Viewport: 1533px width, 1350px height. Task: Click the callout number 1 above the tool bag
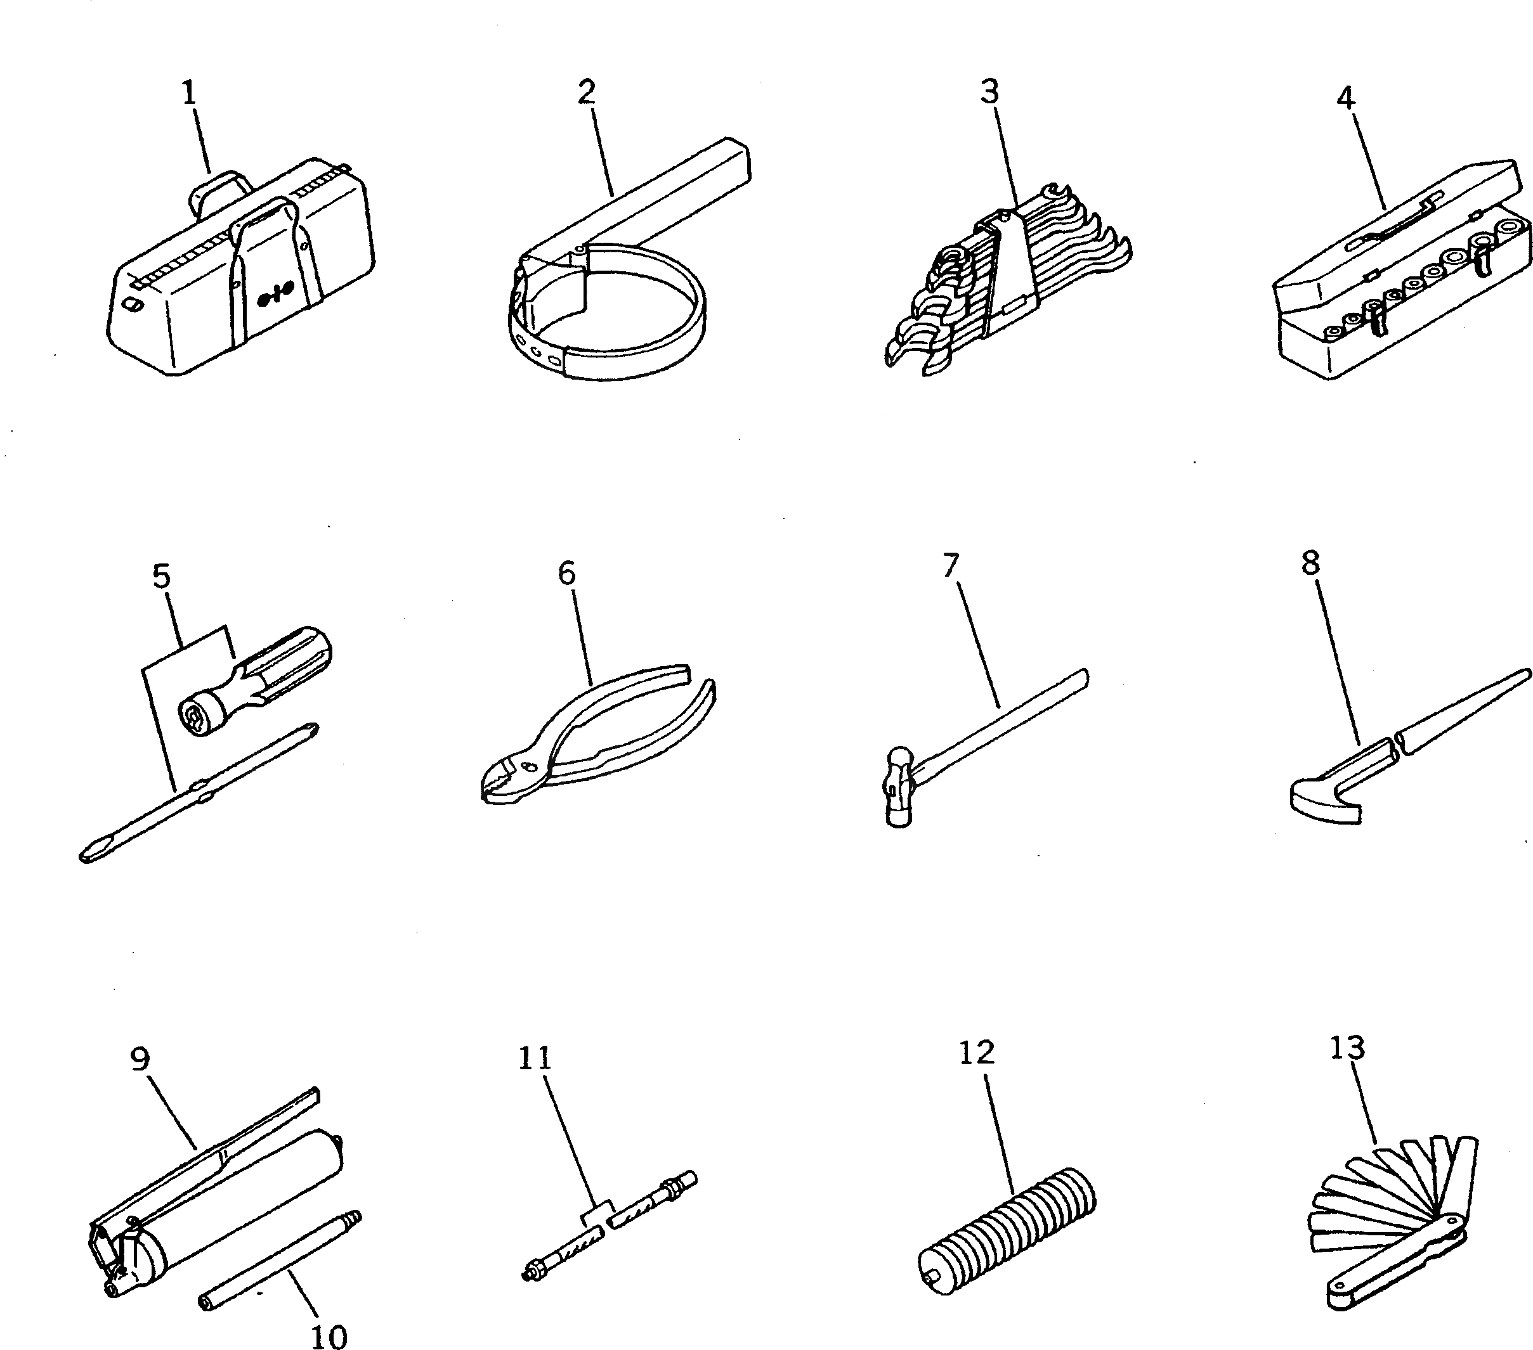pyautogui.click(x=189, y=93)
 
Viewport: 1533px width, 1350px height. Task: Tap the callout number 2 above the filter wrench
pyautogui.click(x=587, y=91)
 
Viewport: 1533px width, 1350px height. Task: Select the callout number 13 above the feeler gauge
pyautogui.click(x=1347, y=1048)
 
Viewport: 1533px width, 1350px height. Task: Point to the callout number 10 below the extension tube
pyautogui.click(x=329, y=1336)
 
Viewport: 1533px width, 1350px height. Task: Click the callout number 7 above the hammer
pyautogui.click(x=951, y=566)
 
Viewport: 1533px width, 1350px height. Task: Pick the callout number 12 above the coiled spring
pyautogui.click(x=977, y=1053)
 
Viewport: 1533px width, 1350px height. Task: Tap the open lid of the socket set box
pyautogui.click(x=1395, y=225)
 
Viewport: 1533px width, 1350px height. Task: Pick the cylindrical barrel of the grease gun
pyautogui.click(x=240, y=1199)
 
